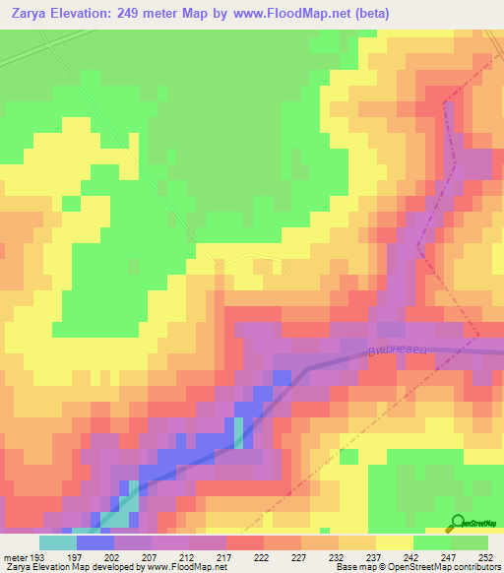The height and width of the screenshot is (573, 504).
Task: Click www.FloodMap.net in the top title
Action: (302, 14)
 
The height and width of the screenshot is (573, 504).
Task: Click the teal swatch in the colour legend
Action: (57, 542)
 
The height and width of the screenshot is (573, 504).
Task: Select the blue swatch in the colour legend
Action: (94, 542)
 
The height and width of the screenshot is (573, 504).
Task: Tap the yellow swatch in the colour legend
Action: (394, 542)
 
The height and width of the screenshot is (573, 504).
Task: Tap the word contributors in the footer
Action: (475, 567)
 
